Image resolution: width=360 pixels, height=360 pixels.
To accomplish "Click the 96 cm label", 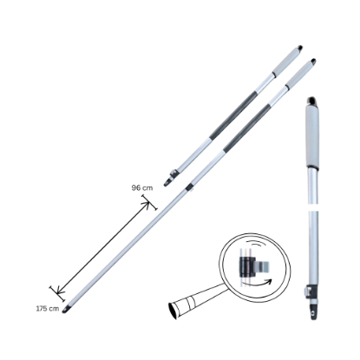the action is [142, 188].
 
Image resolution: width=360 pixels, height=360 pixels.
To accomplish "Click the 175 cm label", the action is [48, 309].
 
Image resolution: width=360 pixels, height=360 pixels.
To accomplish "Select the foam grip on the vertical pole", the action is [312, 136].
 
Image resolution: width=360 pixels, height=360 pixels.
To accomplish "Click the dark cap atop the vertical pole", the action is [311, 101].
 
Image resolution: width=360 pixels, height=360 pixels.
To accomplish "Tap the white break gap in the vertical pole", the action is [313, 207].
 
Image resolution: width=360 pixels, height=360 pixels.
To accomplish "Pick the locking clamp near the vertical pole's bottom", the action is [311, 292].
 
